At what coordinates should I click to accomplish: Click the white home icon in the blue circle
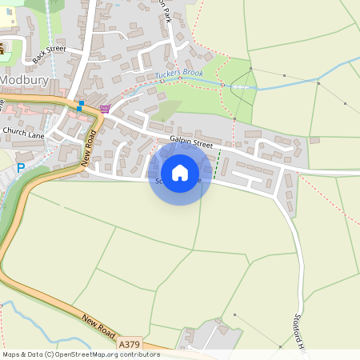pos(180,172)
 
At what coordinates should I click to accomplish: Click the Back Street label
pos(49,50)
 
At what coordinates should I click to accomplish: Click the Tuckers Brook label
pos(180,74)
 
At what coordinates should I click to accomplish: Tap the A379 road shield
pos(130,344)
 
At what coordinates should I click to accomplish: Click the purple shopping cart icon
pos(105,108)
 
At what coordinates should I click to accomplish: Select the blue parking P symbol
pos(22,168)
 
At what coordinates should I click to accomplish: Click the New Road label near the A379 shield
pos(99,329)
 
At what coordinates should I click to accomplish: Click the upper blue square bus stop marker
pos(82,103)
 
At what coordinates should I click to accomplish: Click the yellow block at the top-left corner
pos(11,12)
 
